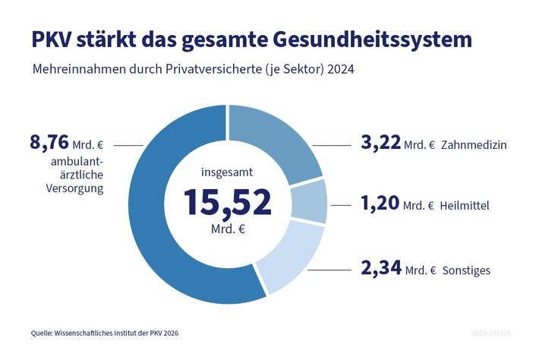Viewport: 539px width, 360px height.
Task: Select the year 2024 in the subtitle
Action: (x=340, y=69)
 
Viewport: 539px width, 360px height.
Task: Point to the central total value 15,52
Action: (x=227, y=203)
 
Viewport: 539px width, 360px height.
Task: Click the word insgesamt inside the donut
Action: (x=227, y=172)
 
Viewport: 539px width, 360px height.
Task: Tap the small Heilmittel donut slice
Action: (x=309, y=201)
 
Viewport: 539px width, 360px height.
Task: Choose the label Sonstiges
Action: (x=468, y=270)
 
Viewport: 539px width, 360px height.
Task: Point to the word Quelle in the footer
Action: (x=43, y=333)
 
